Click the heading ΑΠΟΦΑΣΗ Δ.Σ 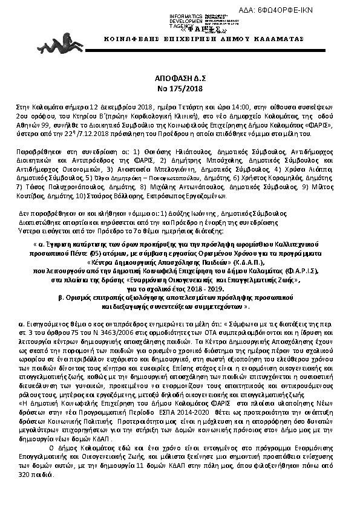tap(180, 79)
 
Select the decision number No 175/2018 tap(180, 88)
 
